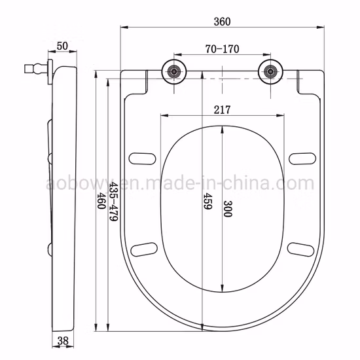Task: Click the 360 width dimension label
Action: point(222,22)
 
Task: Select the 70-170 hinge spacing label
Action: point(222,49)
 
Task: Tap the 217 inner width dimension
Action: point(222,110)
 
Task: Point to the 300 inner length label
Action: point(228,209)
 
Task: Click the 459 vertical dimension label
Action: point(208,201)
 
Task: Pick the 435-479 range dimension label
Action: point(113,202)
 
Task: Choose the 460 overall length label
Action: point(101,200)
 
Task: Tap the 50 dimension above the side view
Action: point(62,46)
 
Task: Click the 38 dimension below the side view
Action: point(63,341)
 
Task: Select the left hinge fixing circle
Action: point(174,72)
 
